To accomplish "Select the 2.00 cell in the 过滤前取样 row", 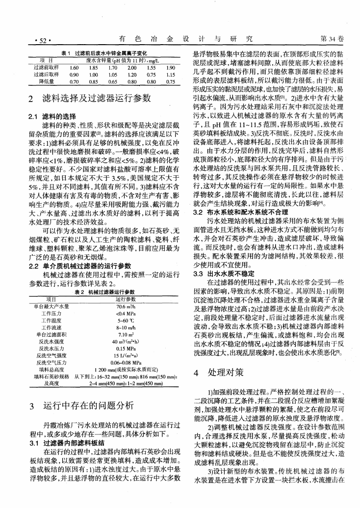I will pyautogui.click(x=131, y=67).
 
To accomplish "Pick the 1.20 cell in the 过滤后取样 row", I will pyautogui.click(x=131, y=74).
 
